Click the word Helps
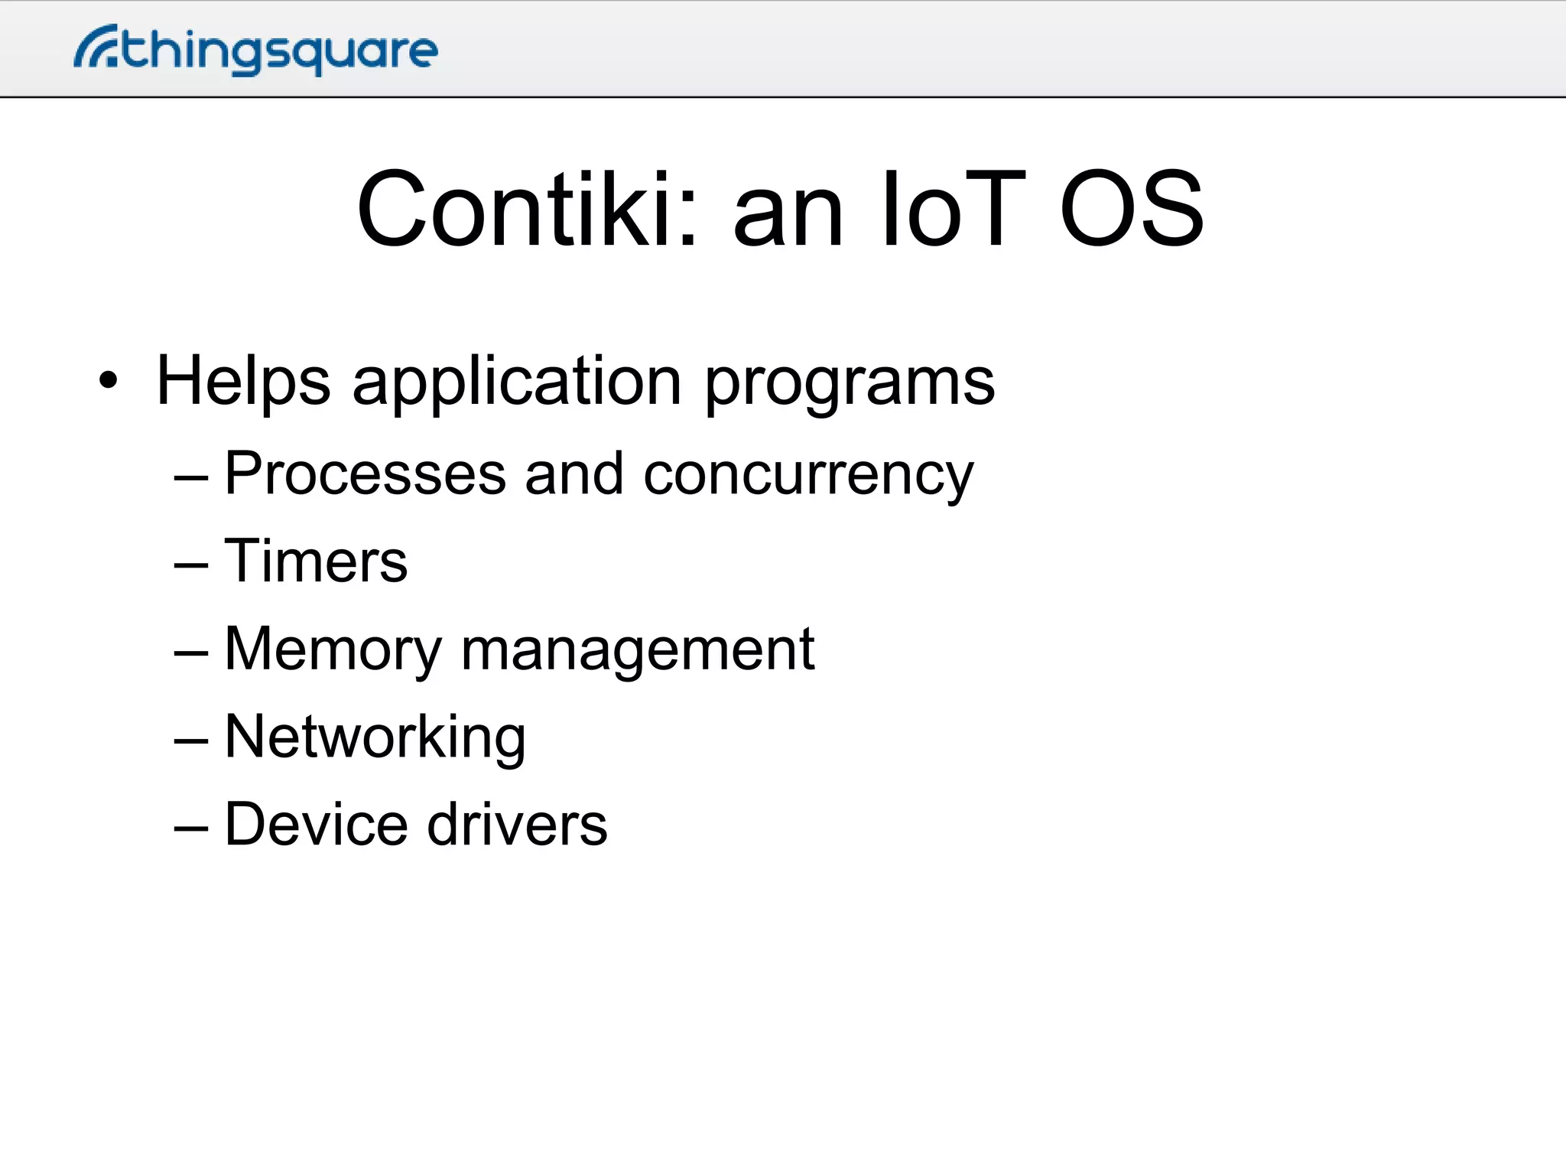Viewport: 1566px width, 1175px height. pyautogui.click(x=243, y=382)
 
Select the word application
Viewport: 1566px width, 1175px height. pyautogui.click(x=517, y=382)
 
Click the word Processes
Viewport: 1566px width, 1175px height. pyautogui.click(x=366, y=474)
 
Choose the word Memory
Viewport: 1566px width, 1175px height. pyautogui.click(x=333, y=650)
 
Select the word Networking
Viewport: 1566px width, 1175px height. pyautogui.click(x=375, y=737)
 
